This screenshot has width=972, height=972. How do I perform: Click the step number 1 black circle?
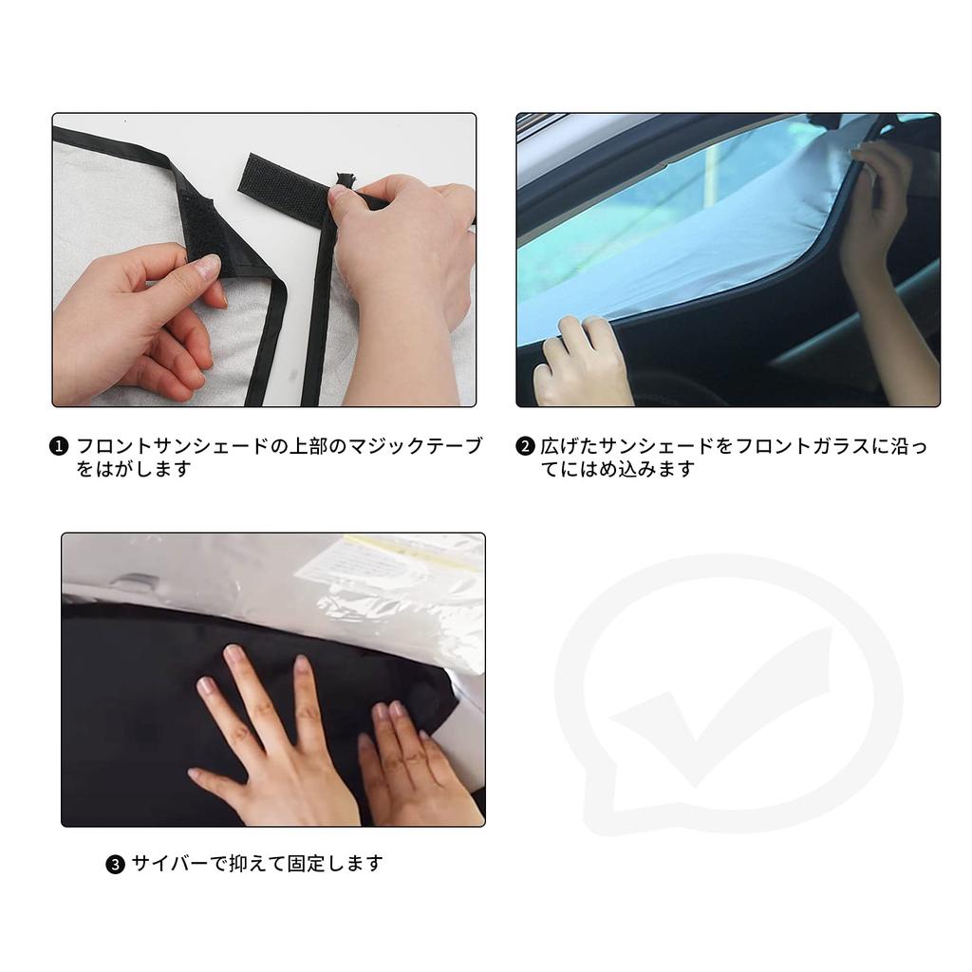59,446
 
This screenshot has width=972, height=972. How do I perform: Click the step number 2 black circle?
525,446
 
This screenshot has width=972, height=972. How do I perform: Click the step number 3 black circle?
115,865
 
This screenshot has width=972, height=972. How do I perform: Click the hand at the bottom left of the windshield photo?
581,361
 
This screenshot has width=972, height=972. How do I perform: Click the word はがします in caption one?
135,470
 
